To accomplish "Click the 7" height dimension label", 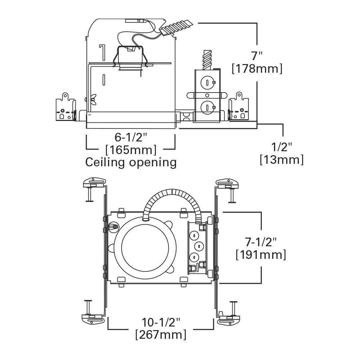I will tap(257, 56).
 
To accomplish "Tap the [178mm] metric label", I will tap(257, 68).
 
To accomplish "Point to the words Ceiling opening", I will tap(131, 162).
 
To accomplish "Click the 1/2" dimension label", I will tap(282, 147).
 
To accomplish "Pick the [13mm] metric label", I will tap(282, 159).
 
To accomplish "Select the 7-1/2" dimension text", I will tap(261, 242).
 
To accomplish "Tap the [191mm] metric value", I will tap(261, 255).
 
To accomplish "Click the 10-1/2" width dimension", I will tap(161, 321).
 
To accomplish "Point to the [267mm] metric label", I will tap(161, 334).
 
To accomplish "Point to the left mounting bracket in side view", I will tap(65, 108).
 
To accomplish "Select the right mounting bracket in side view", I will tap(239, 108).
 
